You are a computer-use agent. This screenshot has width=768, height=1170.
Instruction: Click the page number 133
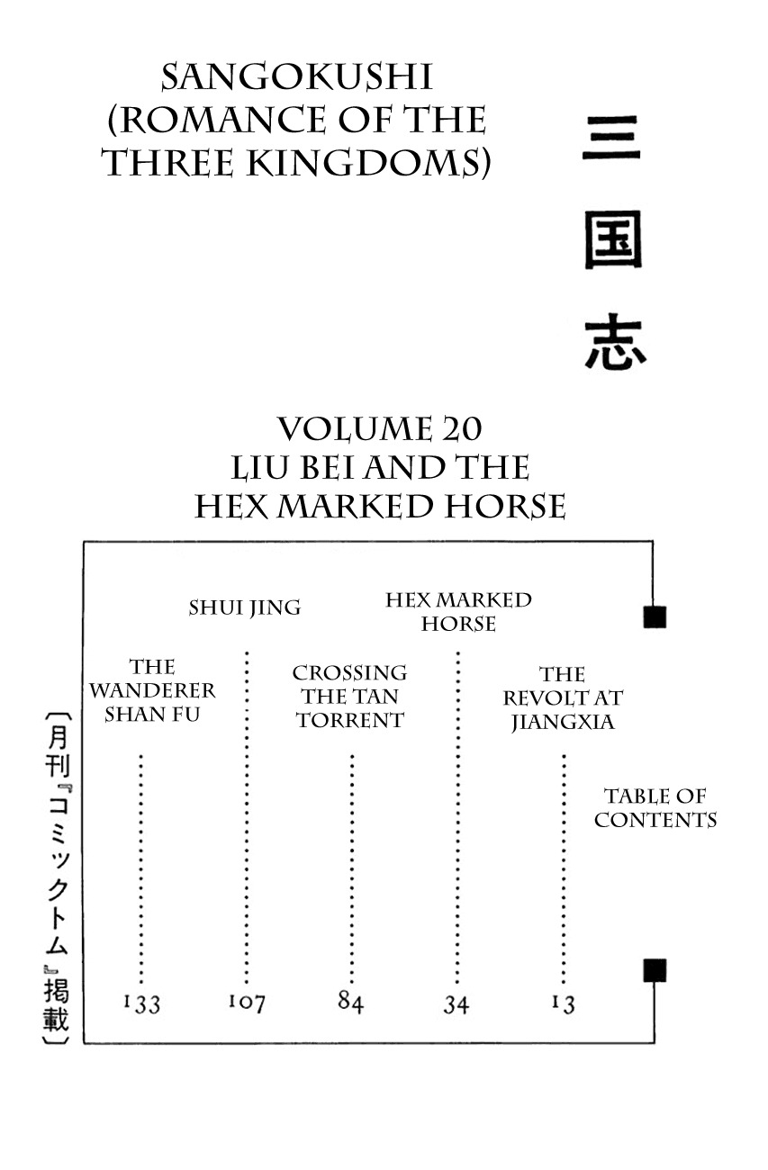click(x=141, y=1003)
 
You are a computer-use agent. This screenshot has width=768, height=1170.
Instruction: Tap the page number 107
click(x=246, y=1002)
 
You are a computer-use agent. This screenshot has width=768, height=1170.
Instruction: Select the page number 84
click(x=350, y=1001)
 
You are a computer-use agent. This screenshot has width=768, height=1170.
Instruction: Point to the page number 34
click(x=456, y=1003)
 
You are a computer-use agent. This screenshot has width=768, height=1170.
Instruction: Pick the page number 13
click(x=563, y=1003)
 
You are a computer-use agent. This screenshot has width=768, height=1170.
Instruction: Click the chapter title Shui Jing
click(x=245, y=607)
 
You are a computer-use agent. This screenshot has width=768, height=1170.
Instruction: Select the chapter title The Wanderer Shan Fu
click(x=152, y=691)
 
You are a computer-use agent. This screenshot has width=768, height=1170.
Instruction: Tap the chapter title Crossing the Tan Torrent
click(x=350, y=697)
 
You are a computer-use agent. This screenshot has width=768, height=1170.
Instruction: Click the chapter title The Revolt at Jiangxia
click(x=563, y=697)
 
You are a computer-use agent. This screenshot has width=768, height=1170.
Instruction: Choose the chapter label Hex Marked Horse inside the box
click(x=458, y=611)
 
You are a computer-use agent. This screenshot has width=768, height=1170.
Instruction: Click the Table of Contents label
click(x=655, y=807)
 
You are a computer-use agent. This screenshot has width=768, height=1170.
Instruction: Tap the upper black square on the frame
click(x=655, y=616)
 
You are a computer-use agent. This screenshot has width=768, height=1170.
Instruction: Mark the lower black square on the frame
click(x=655, y=970)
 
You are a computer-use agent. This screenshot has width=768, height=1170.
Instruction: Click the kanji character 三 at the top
click(x=611, y=144)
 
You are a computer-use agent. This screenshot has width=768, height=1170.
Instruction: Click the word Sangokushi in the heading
click(x=296, y=78)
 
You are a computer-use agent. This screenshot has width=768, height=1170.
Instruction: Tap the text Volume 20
click(x=379, y=429)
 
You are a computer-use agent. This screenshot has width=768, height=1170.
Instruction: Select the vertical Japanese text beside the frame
click(x=56, y=877)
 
